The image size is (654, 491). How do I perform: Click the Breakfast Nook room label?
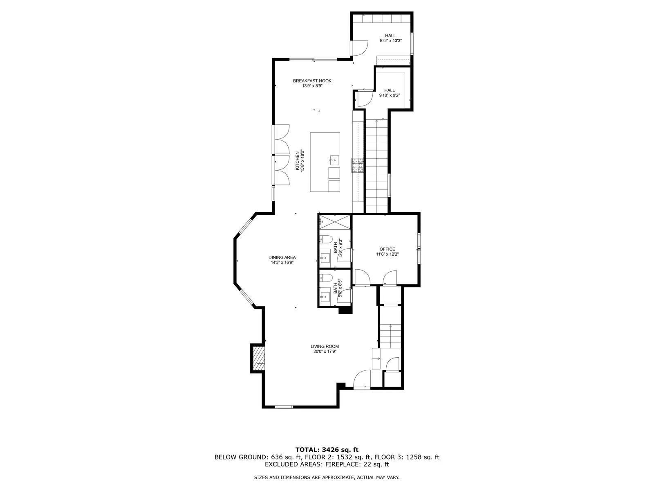(x=312, y=81)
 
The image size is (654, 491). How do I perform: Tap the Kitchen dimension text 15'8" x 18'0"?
(x=302, y=161)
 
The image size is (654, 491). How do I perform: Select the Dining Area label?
(x=282, y=257)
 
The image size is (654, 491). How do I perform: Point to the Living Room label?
(x=325, y=347)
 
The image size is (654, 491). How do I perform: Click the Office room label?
(x=387, y=249)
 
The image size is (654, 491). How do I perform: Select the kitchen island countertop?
(x=325, y=162)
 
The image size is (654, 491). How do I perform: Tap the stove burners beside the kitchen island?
(x=358, y=165)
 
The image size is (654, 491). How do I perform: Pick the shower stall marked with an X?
(x=335, y=221)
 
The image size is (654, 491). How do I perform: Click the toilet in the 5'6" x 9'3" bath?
(x=326, y=239)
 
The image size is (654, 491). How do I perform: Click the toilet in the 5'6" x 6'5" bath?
(x=326, y=278)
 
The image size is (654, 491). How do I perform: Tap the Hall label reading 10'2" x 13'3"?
(x=390, y=38)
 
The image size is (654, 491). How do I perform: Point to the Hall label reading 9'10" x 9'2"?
(x=390, y=93)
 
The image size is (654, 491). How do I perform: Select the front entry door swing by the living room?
(x=362, y=379)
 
